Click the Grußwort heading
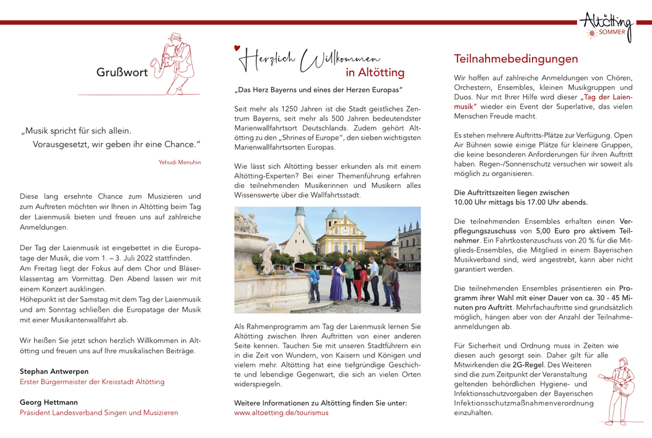(122, 73)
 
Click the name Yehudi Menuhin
(180, 162)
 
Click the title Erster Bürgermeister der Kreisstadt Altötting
(92, 381)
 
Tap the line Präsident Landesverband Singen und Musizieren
(99, 412)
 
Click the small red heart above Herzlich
(237, 48)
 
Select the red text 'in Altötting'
(375, 73)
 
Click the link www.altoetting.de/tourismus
(281, 412)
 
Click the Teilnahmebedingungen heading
(516, 59)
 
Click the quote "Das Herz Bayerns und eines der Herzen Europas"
(318, 90)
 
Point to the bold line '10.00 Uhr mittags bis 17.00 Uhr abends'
(520, 202)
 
